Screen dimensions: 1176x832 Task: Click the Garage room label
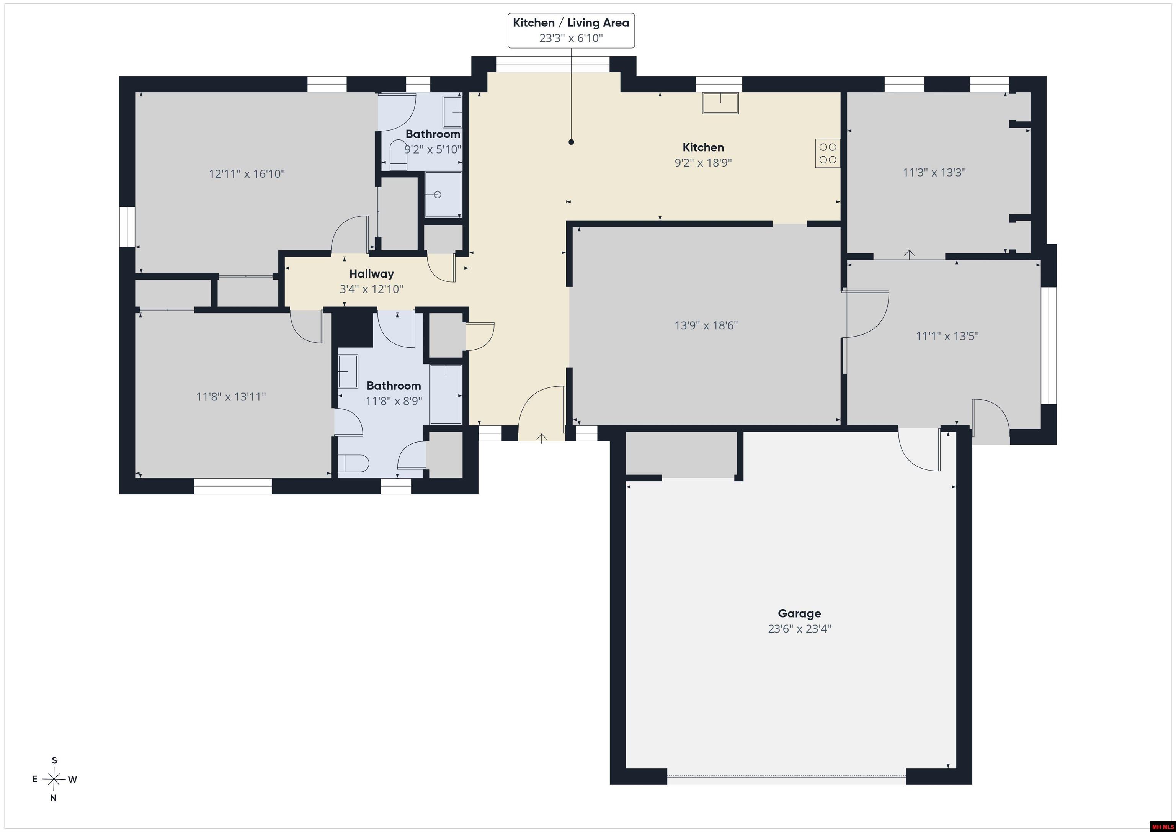point(799,613)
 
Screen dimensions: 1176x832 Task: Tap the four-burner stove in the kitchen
point(828,153)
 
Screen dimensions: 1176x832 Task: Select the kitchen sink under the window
point(720,103)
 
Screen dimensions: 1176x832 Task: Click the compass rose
point(54,779)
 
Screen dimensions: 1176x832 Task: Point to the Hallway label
point(371,274)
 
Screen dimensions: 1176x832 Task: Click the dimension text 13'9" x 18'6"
point(706,325)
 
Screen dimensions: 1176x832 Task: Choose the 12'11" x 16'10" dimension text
point(247,174)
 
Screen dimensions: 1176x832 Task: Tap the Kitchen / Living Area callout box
point(571,31)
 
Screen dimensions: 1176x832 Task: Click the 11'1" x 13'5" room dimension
point(947,336)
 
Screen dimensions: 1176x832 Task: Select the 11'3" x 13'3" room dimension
point(934,172)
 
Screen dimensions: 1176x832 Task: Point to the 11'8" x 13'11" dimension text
point(231,397)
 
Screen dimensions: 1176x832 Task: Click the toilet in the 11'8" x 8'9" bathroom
point(353,464)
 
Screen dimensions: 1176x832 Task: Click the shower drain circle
point(438,195)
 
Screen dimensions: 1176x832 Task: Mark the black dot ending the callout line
point(571,142)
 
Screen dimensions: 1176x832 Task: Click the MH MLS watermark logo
point(1162,826)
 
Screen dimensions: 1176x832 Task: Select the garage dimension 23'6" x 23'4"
point(799,629)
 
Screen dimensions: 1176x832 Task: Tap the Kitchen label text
point(703,147)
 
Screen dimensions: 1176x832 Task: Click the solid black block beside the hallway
point(353,327)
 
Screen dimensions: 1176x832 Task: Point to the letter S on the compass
point(54,760)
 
